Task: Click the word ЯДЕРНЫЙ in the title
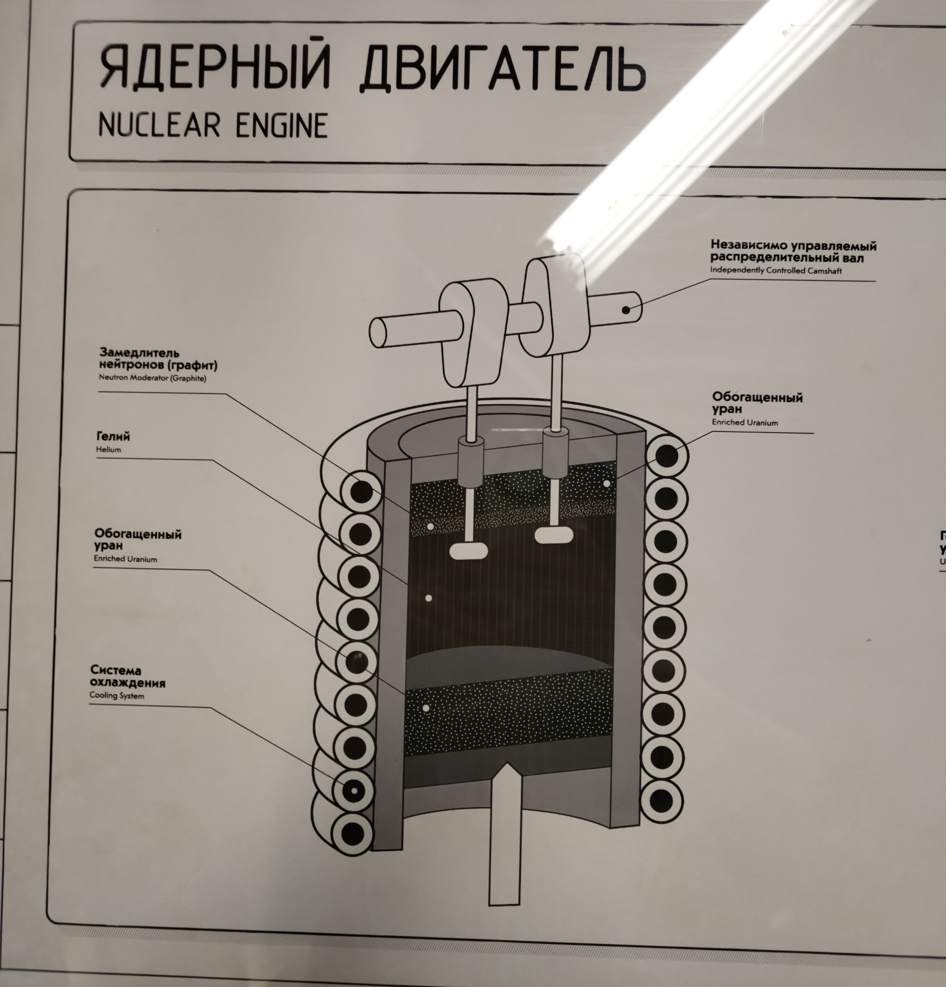pos(215,68)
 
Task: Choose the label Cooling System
pos(117,696)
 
